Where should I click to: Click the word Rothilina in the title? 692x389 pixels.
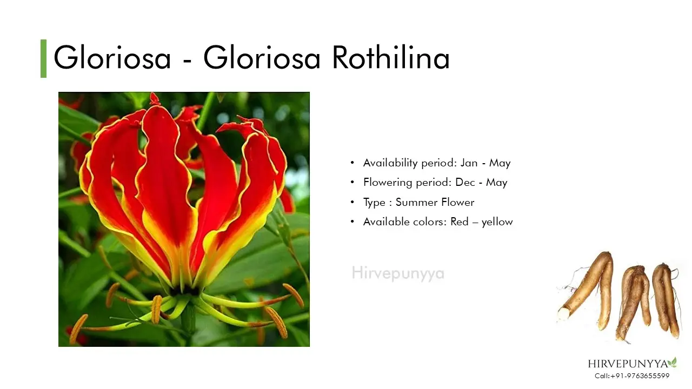click(x=391, y=58)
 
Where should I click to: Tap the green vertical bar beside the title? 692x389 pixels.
click(x=44, y=59)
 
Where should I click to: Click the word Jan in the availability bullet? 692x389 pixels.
click(x=469, y=163)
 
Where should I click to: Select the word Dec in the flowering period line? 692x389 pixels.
click(x=465, y=182)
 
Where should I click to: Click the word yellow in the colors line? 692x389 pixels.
click(x=497, y=222)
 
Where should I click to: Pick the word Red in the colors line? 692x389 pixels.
click(x=460, y=222)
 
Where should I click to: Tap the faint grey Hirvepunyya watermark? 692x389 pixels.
click(x=398, y=273)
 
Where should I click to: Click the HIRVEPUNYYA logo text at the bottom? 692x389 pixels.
click(x=628, y=364)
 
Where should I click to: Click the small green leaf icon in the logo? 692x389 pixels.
click(x=673, y=362)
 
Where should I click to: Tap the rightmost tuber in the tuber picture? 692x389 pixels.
click(x=666, y=299)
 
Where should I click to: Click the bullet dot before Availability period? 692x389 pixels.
click(x=352, y=163)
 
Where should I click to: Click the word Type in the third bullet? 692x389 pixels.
click(x=374, y=203)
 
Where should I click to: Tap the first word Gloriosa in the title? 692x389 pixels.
click(x=112, y=58)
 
